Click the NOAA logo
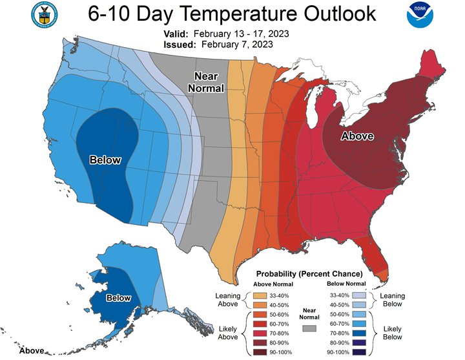pyautogui.click(x=420, y=15)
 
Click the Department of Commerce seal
pyautogui.click(x=45, y=15)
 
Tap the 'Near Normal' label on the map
pyautogui.click(x=206, y=82)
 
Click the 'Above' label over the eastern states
pyautogui.click(x=357, y=136)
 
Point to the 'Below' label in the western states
pyautogui.click(x=105, y=160)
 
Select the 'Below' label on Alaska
pyautogui.click(x=119, y=298)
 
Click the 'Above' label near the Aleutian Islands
pyautogui.click(x=32, y=351)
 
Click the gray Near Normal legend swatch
pyautogui.click(x=309, y=328)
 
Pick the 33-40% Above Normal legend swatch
pyautogui.click(x=260, y=295)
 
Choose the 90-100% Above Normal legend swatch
pyautogui.click(x=260, y=352)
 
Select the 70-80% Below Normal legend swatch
pyautogui.click(x=359, y=334)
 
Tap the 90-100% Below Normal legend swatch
pyautogui.click(x=359, y=352)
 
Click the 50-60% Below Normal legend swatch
pyautogui.click(x=359, y=314)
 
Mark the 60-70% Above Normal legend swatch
pyautogui.click(x=260, y=324)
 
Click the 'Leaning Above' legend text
pyautogui.click(x=228, y=300)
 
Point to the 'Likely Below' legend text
pyautogui.click(x=393, y=333)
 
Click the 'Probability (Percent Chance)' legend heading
pyautogui.click(x=309, y=273)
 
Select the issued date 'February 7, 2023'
pyautogui.click(x=237, y=45)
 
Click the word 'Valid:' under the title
pyautogui.click(x=176, y=34)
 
